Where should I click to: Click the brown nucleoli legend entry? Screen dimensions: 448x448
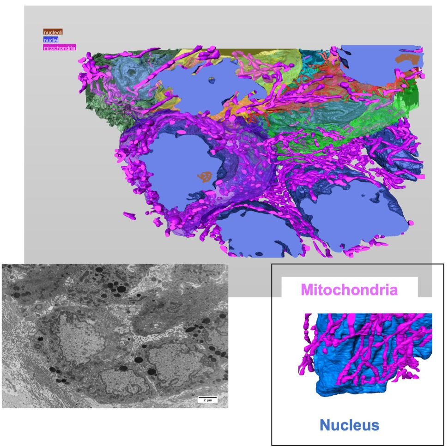[53, 32]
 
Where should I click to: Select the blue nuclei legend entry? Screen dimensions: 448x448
[51, 40]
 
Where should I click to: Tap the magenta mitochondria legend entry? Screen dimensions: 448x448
[59, 47]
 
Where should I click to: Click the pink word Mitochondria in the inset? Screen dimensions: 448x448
[349, 290]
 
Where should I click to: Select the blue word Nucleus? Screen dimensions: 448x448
[350, 425]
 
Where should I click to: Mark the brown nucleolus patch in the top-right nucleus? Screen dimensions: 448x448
[408, 58]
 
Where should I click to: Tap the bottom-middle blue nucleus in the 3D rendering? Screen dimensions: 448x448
[263, 236]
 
